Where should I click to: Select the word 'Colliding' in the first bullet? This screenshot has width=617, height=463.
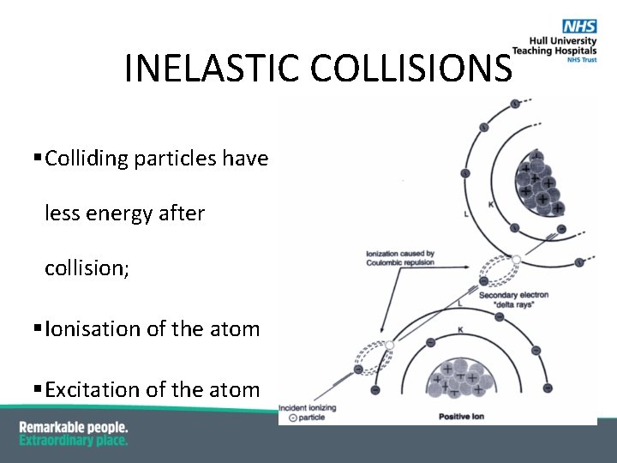click(87, 159)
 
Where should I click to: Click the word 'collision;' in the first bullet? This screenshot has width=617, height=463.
click(87, 268)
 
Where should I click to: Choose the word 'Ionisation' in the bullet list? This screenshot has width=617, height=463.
click(89, 328)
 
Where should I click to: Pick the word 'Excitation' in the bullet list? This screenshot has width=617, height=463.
click(90, 390)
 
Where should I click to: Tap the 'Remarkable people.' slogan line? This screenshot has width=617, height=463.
click(74, 427)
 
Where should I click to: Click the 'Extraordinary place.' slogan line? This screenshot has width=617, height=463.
click(74, 441)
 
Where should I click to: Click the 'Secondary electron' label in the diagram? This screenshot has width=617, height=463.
click(513, 295)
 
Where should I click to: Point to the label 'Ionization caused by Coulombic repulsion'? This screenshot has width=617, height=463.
click(400, 258)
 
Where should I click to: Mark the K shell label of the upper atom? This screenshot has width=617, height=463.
click(490, 204)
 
